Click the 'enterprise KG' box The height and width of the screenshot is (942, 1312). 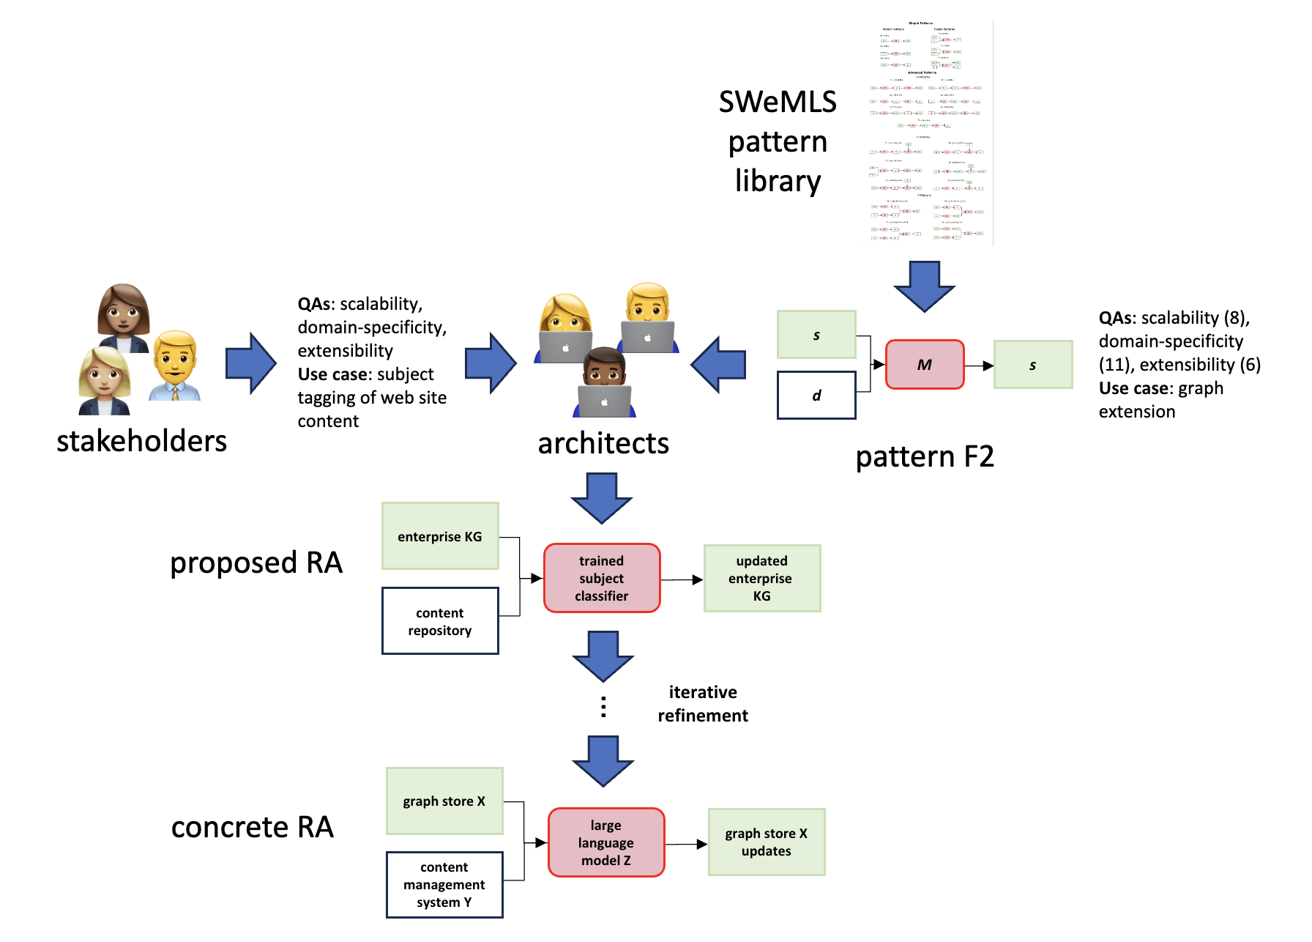pos(440,536)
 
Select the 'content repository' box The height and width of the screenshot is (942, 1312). pos(440,621)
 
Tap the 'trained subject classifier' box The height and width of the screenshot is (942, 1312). pos(602,578)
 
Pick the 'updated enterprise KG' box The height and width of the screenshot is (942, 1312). pos(761,578)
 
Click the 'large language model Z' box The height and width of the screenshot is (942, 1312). pos(606,842)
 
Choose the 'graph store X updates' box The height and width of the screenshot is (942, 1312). pos(766,842)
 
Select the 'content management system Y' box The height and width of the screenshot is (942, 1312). pos(444,885)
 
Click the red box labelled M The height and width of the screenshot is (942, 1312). pos(925,365)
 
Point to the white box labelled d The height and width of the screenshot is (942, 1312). pos(816,396)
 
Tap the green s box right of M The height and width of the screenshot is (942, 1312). pos(1032,365)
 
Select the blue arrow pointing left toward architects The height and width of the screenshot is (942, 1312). pos(719,365)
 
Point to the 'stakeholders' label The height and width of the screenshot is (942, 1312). pos(142,441)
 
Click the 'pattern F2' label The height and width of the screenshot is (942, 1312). pos(925,457)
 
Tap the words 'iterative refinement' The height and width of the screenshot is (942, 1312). pos(703,704)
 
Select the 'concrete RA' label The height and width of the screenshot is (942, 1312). pos(253,828)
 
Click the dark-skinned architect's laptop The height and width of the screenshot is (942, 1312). pos(604,401)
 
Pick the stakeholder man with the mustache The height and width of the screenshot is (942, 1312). pos(175,366)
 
